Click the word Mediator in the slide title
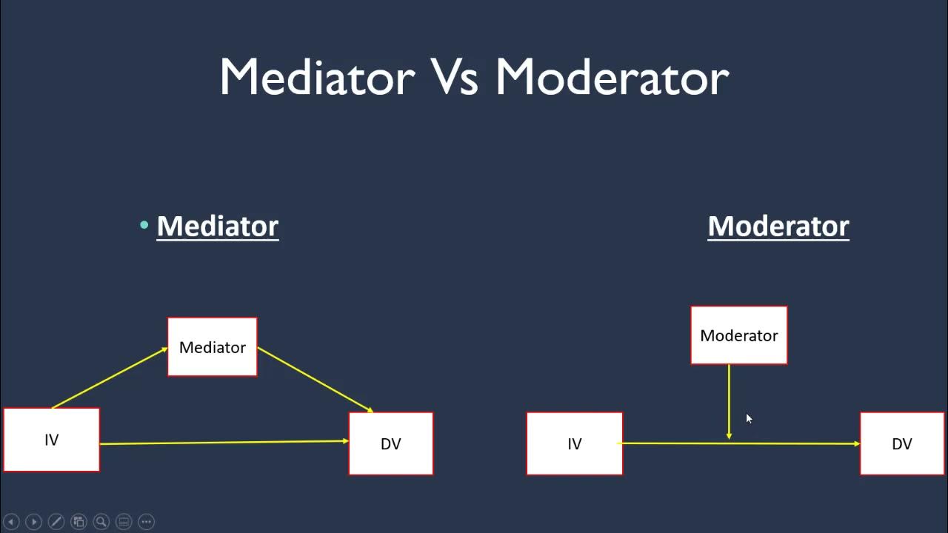[317, 77]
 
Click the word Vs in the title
[455, 77]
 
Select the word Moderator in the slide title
[612, 77]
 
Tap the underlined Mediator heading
[217, 226]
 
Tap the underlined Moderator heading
[778, 226]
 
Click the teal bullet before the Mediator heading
[144, 225]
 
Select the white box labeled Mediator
[213, 347]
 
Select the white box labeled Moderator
[738, 335]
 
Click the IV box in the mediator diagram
[51, 440]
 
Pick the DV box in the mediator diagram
[390, 443]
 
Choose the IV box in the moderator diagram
[574, 443]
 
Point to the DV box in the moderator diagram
[901, 443]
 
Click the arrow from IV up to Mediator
[110, 378]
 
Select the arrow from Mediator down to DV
[315, 379]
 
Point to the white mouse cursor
[749, 419]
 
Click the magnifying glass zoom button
[101, 521]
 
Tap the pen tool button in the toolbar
[56, 521]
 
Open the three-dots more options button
[147, 521]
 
